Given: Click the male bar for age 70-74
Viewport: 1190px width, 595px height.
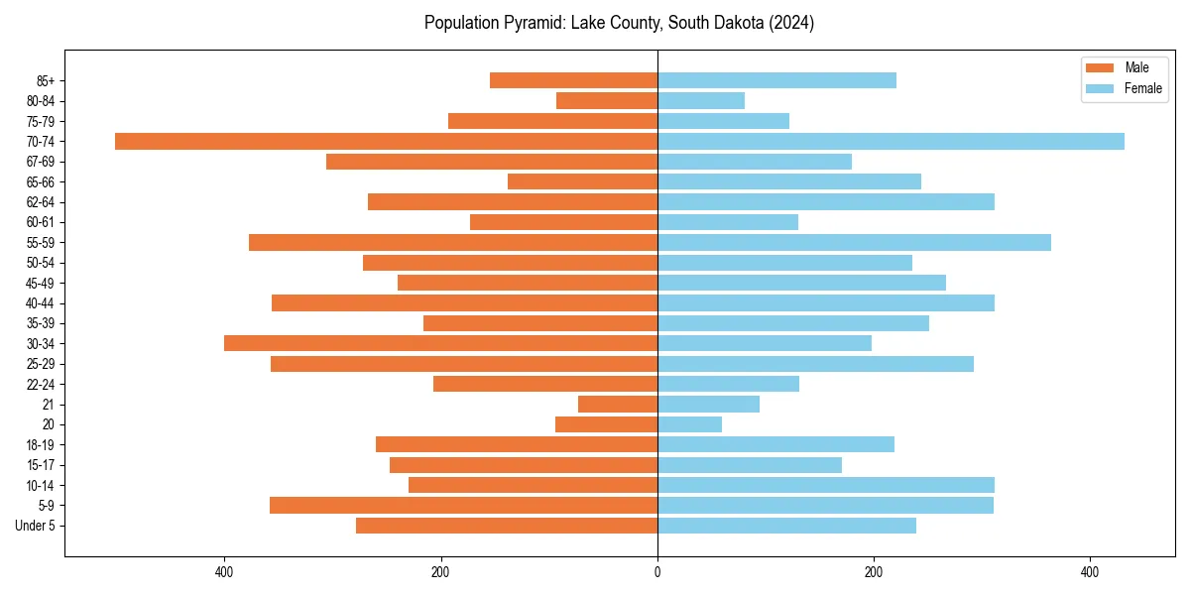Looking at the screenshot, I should [386, 141].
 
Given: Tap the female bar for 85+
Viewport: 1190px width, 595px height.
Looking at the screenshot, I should [776, 80].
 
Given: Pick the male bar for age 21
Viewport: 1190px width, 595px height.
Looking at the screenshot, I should [617, 404].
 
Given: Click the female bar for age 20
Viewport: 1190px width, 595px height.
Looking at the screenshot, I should [689, 424].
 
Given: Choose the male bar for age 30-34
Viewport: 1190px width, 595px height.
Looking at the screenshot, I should [440, 343].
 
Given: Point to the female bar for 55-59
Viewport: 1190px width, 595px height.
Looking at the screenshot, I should [854, 242].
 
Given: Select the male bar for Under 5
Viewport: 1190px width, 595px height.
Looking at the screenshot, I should [506, 526].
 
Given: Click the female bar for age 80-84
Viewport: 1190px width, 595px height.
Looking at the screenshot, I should [700, 100].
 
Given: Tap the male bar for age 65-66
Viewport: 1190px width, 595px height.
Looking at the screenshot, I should [582, 181].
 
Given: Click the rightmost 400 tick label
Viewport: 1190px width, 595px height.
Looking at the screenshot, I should [1090, 573].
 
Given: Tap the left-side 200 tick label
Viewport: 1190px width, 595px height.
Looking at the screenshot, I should [441, 573].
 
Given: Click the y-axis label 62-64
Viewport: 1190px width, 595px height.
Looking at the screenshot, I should [41, 202].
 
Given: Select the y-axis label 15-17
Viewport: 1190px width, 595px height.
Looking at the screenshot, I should [41, 465].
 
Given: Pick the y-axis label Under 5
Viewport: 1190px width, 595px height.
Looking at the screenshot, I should [36, 526].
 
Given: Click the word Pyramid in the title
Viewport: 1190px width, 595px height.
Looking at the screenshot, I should [536, 23].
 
